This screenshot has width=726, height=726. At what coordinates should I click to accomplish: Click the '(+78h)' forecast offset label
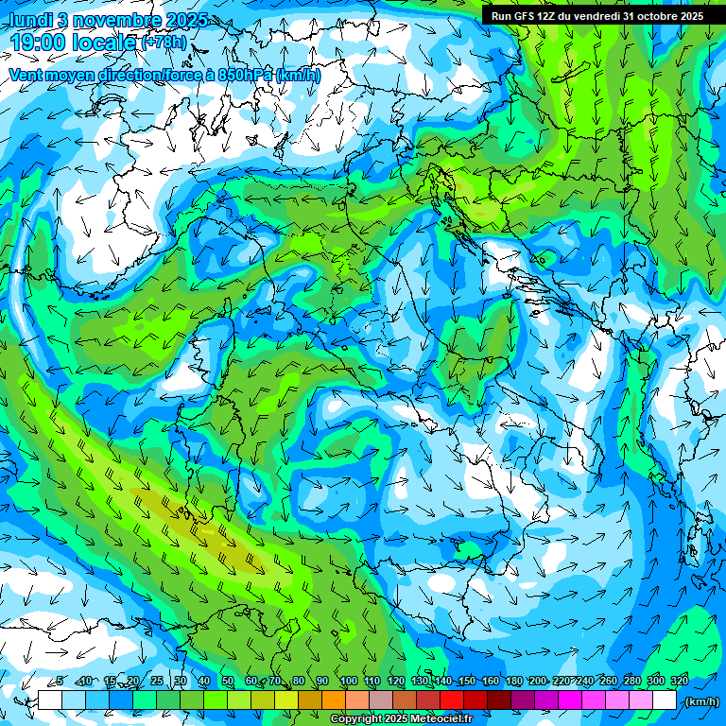tap(164, 43)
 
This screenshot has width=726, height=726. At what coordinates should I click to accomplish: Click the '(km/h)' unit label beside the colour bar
tap(700, 700)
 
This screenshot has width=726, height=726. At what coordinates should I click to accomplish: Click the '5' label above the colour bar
tap(59, 682)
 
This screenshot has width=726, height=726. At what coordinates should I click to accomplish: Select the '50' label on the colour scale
tap(227, 682)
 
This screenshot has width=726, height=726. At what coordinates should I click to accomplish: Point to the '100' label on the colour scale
tap(348, 682)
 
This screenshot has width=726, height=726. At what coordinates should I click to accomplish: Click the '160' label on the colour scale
tap(490, 682)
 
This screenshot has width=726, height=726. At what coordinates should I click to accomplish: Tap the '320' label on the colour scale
tap(680, 682)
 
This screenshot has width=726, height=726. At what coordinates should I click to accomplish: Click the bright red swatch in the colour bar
tap(452, 700)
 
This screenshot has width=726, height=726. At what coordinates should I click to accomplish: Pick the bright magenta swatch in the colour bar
tap(570, 700)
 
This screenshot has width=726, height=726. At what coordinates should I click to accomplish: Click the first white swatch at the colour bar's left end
tap(49, 700)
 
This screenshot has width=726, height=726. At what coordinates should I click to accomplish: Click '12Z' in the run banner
tap(553, 16)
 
